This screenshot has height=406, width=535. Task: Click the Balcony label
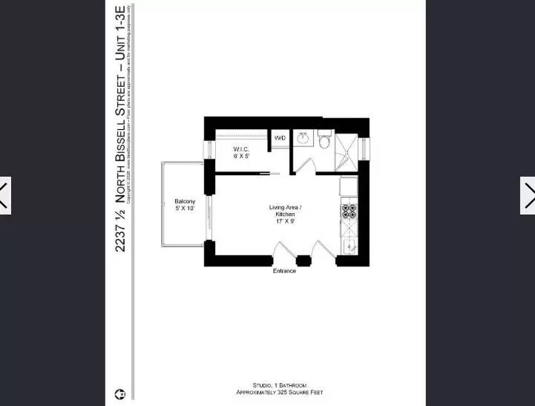point(185,205)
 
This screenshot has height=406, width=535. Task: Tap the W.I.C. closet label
point(241,153)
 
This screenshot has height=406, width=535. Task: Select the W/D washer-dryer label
point(280,139)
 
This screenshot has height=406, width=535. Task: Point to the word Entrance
point(284,271)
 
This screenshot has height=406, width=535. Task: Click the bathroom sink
point(303,138)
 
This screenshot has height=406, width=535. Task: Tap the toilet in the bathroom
point(325,139)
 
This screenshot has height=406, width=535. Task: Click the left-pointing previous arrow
point(4,195)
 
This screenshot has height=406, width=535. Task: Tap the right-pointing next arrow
point(528,195)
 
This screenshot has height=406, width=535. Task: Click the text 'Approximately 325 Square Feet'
point(279,392)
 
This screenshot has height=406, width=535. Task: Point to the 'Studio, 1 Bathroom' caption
point(279,385)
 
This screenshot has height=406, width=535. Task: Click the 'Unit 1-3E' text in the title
point(120,30)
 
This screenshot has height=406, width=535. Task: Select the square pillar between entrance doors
point(303,261)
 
